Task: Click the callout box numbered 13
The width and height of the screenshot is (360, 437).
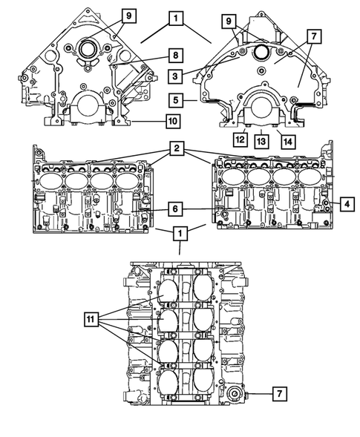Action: (x=261, y=138)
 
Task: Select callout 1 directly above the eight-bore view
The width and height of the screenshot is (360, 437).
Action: (x=180, y=234)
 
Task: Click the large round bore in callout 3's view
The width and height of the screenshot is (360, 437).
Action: (x=262, y=52)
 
